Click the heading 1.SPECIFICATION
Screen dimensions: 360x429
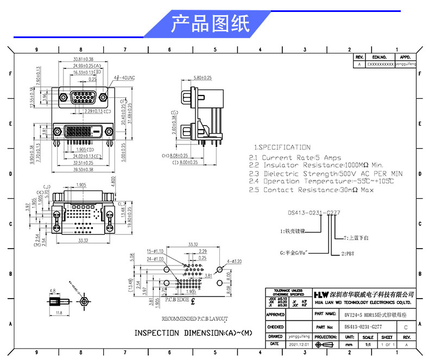282,147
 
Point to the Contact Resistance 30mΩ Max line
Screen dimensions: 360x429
311,190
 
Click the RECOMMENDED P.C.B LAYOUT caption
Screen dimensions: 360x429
194,319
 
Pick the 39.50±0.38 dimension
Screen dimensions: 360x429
83,169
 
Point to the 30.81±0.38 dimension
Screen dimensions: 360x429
83,59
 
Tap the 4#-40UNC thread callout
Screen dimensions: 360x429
123,78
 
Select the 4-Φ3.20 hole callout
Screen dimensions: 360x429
235,261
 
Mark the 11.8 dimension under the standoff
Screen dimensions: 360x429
58,313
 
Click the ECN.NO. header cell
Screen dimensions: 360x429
378,56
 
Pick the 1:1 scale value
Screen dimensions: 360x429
367,344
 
